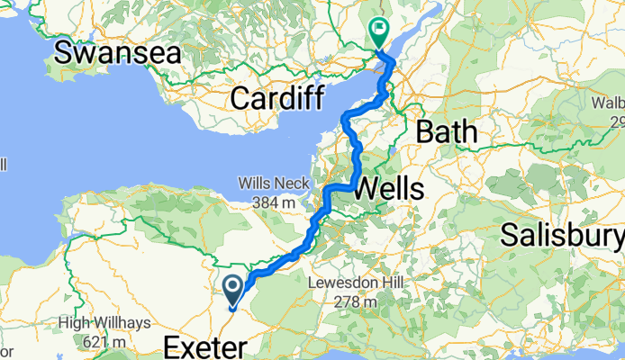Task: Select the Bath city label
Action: click(446, 131)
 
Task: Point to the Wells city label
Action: click(390, 189)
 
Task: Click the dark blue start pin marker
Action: click(231, 291)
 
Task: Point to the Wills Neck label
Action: click(267, 184)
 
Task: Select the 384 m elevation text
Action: click(267, 203)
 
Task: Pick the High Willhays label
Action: click(102, 322)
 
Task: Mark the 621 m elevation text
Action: click(102, 341)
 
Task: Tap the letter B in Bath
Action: click(423, 131)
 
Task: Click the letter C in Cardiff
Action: click(239, 98)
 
